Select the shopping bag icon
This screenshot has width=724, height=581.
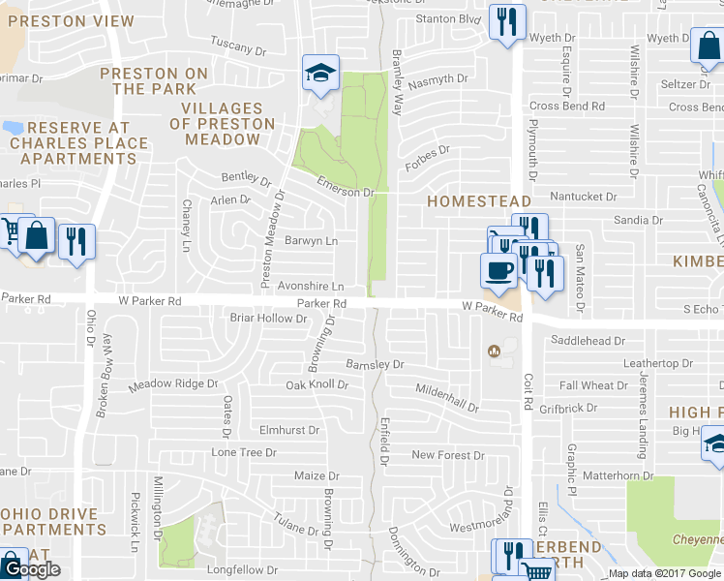(36, 235)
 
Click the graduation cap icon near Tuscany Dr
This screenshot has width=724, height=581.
(320, 73)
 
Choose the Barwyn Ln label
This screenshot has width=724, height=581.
(312, 241)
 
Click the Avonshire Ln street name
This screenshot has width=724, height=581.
(312, 287)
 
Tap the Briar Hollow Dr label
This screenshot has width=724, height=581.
(268, 318)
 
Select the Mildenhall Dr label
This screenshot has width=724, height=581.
(446, 398)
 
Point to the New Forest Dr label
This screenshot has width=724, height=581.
(447, 455)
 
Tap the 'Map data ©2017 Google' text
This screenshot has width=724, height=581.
(665, 573)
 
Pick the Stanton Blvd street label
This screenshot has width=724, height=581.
(448, 18)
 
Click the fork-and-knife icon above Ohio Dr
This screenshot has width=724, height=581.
(76, 241)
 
